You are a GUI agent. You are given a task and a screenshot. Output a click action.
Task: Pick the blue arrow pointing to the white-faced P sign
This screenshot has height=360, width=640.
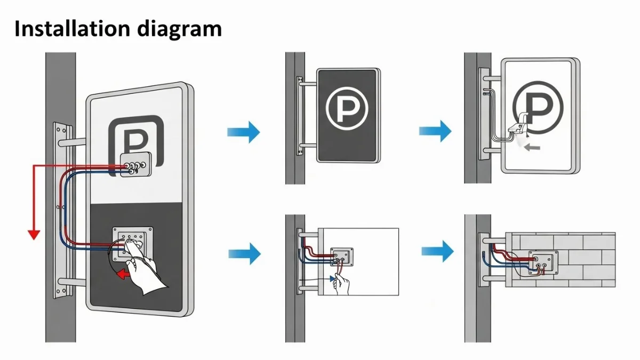coord(435,131)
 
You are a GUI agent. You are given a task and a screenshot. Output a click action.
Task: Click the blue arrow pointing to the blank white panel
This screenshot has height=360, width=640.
coord(244,253)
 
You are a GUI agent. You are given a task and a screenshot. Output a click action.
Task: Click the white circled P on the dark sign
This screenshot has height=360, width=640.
coord(347,109)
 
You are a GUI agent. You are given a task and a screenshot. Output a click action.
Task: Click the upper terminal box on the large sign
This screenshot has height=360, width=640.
coord(135,165)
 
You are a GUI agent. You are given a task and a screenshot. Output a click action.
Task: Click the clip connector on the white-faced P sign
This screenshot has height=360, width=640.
coord(518,127)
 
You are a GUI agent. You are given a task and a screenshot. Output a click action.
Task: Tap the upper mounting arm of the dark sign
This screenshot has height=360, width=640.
coord(308,83)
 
